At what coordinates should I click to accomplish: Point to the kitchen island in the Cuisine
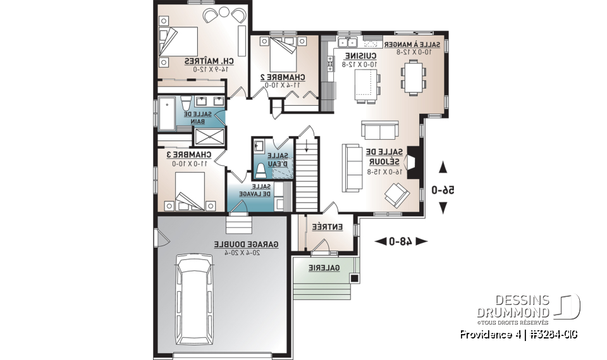[364, 85]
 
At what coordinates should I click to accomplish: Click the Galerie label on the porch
[324, 268]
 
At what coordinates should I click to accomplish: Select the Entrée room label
[327, 227]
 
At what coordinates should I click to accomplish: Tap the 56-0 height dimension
[443, 189]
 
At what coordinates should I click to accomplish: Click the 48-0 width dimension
[401, 241]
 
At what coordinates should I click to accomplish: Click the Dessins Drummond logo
[528, 307]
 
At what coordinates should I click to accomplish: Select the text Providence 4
[489, 334]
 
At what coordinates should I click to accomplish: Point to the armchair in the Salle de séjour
[397, 194]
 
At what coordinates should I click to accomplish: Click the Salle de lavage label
[260, 190]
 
